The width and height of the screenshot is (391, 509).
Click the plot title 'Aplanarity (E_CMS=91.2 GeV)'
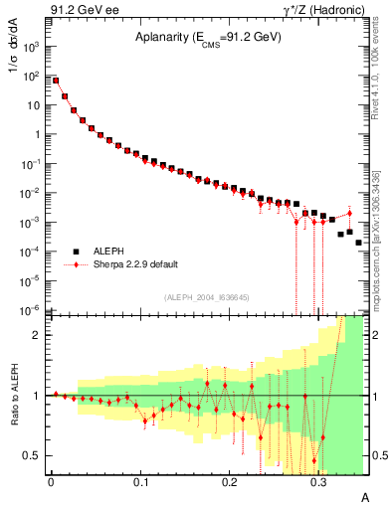tap(208, 38)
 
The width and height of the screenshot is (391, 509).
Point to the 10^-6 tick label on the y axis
tap(33, 310)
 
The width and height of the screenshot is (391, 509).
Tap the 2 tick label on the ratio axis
tap(36, 335)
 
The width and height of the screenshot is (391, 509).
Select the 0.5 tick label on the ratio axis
tap(32, 456)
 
